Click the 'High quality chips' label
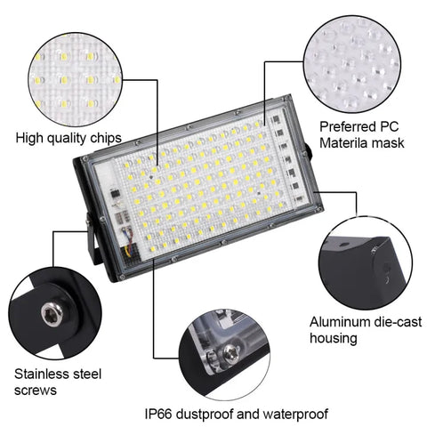point(81,138)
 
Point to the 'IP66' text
point(160,414)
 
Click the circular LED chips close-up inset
point(73,75)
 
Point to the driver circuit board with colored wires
point(119,219)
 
